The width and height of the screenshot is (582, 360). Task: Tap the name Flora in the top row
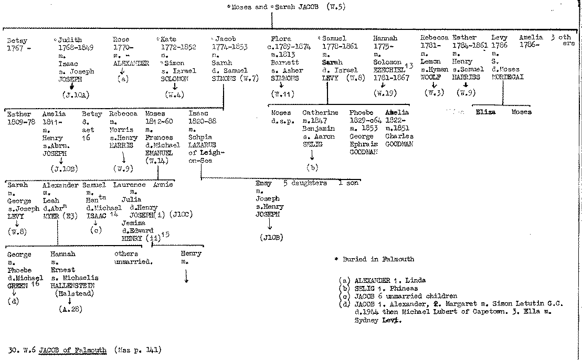[x=281, y=39]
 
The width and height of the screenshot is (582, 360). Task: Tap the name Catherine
[x=320, y=113]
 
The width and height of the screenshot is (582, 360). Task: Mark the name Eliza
[x=485, y=112]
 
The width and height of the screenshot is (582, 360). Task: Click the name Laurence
[x=130, y=185]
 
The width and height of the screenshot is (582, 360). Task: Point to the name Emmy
[x=263, y=184]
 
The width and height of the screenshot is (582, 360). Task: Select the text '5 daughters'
[x=305, y=184]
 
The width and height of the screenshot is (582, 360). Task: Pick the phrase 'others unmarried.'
[x=133, y=258]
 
